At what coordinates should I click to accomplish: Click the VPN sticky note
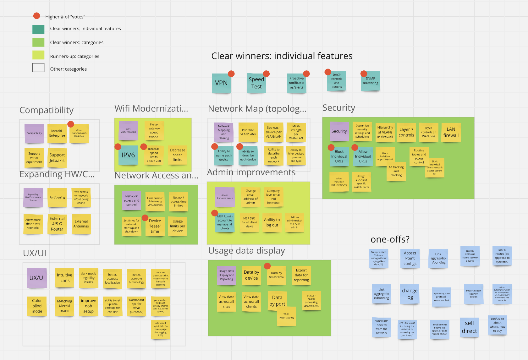pos(221,83)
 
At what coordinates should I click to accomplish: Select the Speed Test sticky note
pos(256,83)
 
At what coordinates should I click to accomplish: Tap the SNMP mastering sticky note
pos(371,81)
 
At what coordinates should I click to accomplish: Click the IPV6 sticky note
pos(128,155)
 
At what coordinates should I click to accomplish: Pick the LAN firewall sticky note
pos(451,132)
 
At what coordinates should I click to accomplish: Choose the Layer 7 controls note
pos(406,132)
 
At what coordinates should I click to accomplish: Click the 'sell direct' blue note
pos(469,327)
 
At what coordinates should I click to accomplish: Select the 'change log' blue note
pos(410,294)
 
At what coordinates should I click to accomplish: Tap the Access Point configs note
pos(410,258)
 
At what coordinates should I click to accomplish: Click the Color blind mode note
pos(37,306)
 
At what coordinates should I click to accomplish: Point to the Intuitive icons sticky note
pos(64,278)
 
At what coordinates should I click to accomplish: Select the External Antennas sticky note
pos(81,224)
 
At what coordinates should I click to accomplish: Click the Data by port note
pos(277,301)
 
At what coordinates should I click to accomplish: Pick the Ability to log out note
pos(272,222)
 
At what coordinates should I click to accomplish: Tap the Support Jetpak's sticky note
pos(57,158)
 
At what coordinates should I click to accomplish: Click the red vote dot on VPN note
pos(231,74)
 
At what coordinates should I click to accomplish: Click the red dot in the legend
pos(37,16)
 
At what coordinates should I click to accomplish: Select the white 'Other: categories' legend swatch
pos(38,68)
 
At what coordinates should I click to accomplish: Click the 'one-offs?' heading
pos(390,239)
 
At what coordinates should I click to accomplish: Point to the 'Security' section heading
pos(338,108)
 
